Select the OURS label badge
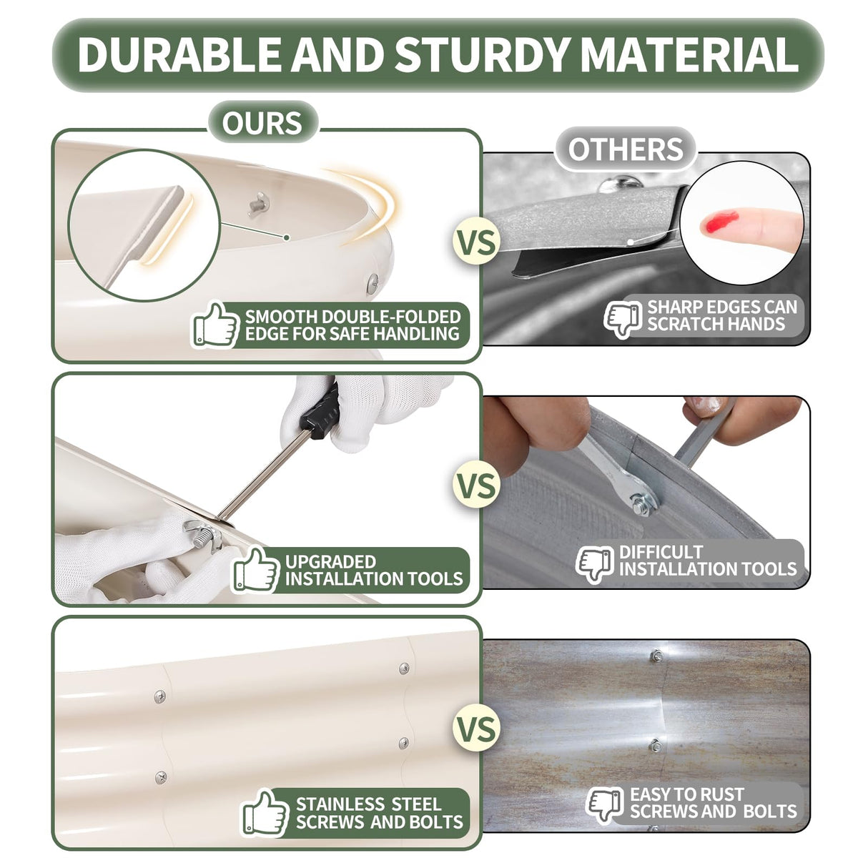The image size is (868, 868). point(262,122)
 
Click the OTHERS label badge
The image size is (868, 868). point(626,149)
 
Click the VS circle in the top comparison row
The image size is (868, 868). point(477,243)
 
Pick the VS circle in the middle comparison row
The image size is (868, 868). point(477,486)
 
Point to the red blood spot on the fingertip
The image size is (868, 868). point(721,222)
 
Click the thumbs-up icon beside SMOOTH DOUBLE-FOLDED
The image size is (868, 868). point(215,325)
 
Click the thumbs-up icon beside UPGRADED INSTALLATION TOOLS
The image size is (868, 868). point(255,569)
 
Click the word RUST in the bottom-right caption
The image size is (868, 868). point(720,794)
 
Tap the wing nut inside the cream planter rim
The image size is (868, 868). point(259,204)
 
